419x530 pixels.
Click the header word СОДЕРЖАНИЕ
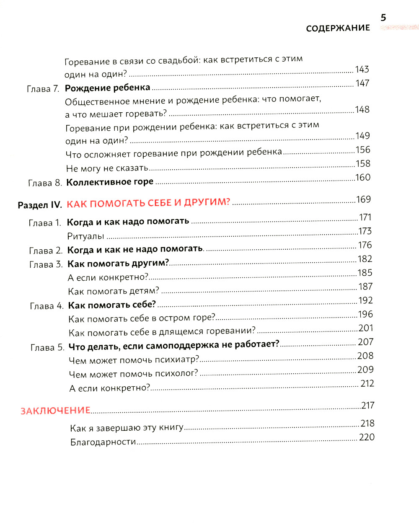[x=338, y=28]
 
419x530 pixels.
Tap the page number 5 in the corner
[x=383, y=18]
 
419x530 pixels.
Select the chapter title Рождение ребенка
[x=107, y=88]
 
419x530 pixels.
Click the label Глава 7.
[x=43, y=89]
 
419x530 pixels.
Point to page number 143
[x=362, y=70]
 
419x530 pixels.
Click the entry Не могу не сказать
[x=107, y=168]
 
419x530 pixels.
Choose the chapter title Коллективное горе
[x=110, y=182]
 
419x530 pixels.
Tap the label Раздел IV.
[x=40, y=205]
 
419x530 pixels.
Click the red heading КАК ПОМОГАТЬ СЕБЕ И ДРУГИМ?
[x=149, y=203]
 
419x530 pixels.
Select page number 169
[x=363, y=199]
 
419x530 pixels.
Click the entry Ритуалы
[x=85, y=236]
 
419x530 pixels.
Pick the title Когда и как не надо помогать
[x=135, y=249]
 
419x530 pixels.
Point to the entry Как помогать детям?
[x=114, y=291]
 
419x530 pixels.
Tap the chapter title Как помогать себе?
[x=112, y=305]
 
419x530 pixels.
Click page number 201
[x=365, y=328]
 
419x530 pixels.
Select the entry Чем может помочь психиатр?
[x=134, y=360]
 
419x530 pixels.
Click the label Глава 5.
[x=47, y=348]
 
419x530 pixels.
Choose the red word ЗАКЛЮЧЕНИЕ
[x=56, y=411]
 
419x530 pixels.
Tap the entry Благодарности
[x=103, y=442]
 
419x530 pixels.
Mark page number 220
[x=367, y=437]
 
